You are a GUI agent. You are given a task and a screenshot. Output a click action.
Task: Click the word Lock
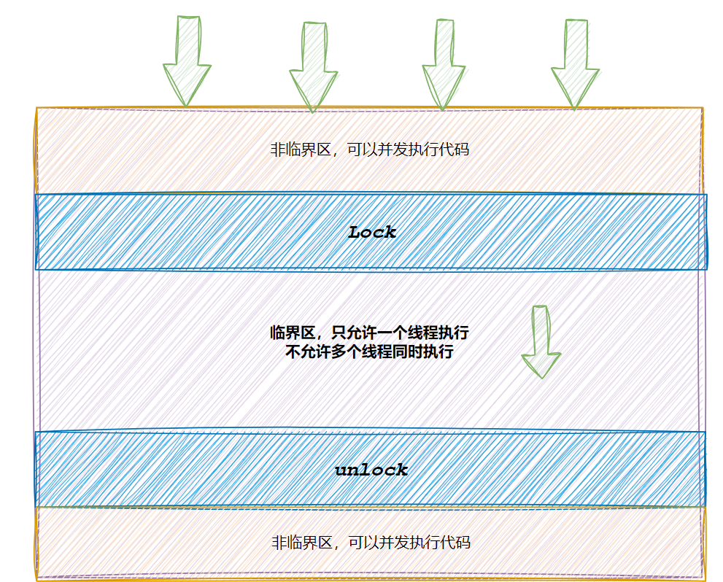[x=372, y=233]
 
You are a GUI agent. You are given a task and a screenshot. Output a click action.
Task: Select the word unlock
[x=371, y=470]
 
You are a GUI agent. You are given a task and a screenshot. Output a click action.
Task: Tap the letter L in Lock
[x=355, y=233]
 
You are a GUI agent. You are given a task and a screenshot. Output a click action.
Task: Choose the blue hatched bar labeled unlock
[x=182, y=470]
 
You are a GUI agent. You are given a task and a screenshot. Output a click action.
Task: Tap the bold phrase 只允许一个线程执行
[x=400, y=333]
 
